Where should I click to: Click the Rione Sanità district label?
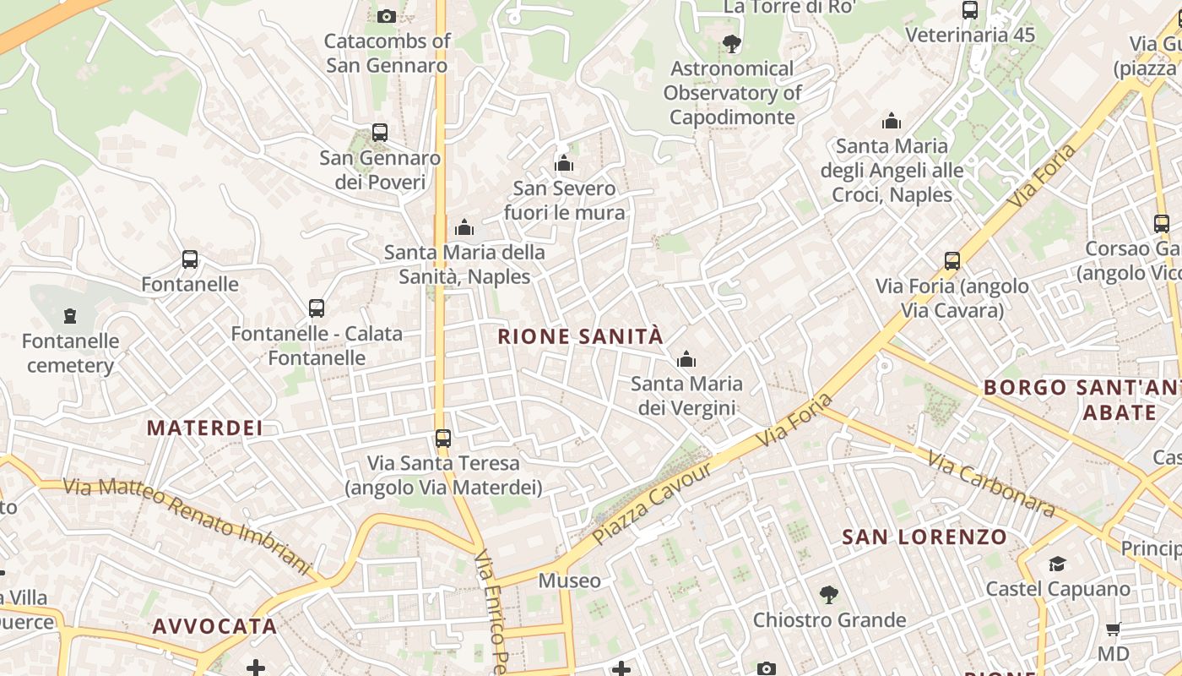click(x=580, y=336)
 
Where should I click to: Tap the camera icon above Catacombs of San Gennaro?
click(x=387, y=16)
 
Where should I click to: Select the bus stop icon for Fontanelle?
click(x=190, y=259)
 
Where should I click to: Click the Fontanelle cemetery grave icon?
click(x=70, y=316)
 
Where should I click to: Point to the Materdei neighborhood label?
click(x=205, y=428)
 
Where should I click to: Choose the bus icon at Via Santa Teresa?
click(x=443, y=439)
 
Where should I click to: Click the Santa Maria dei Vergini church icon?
click(x=686, y=360)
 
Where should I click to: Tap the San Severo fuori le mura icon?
click(x=564, y=164)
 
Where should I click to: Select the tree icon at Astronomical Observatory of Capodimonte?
click(x=732, y=44)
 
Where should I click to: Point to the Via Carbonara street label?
click(x=991, y=484)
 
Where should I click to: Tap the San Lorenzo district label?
click(x=924, y=537)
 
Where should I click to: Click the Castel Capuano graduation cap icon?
click(x=1057, y=564)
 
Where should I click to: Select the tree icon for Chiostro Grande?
click(x=829, y=595)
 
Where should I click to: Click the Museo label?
click(x=570, y=581)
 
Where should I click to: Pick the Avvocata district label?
click(x=214, y=626)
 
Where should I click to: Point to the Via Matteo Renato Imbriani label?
click(x=187, y=521)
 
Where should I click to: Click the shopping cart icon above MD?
click(x=1114, y=629)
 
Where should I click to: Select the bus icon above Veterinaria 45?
click(x=970, y=11)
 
